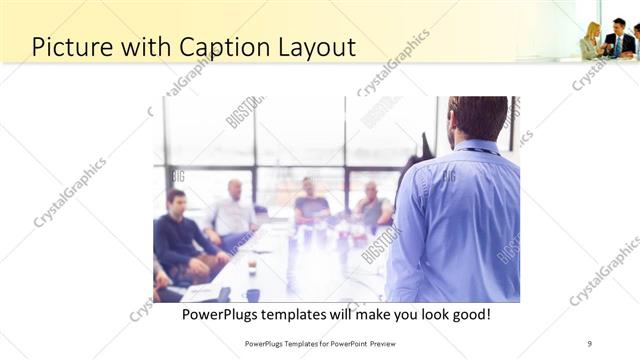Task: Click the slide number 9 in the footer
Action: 589,343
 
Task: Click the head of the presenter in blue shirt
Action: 477,118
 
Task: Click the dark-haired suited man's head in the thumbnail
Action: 617,26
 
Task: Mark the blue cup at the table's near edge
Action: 253,294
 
